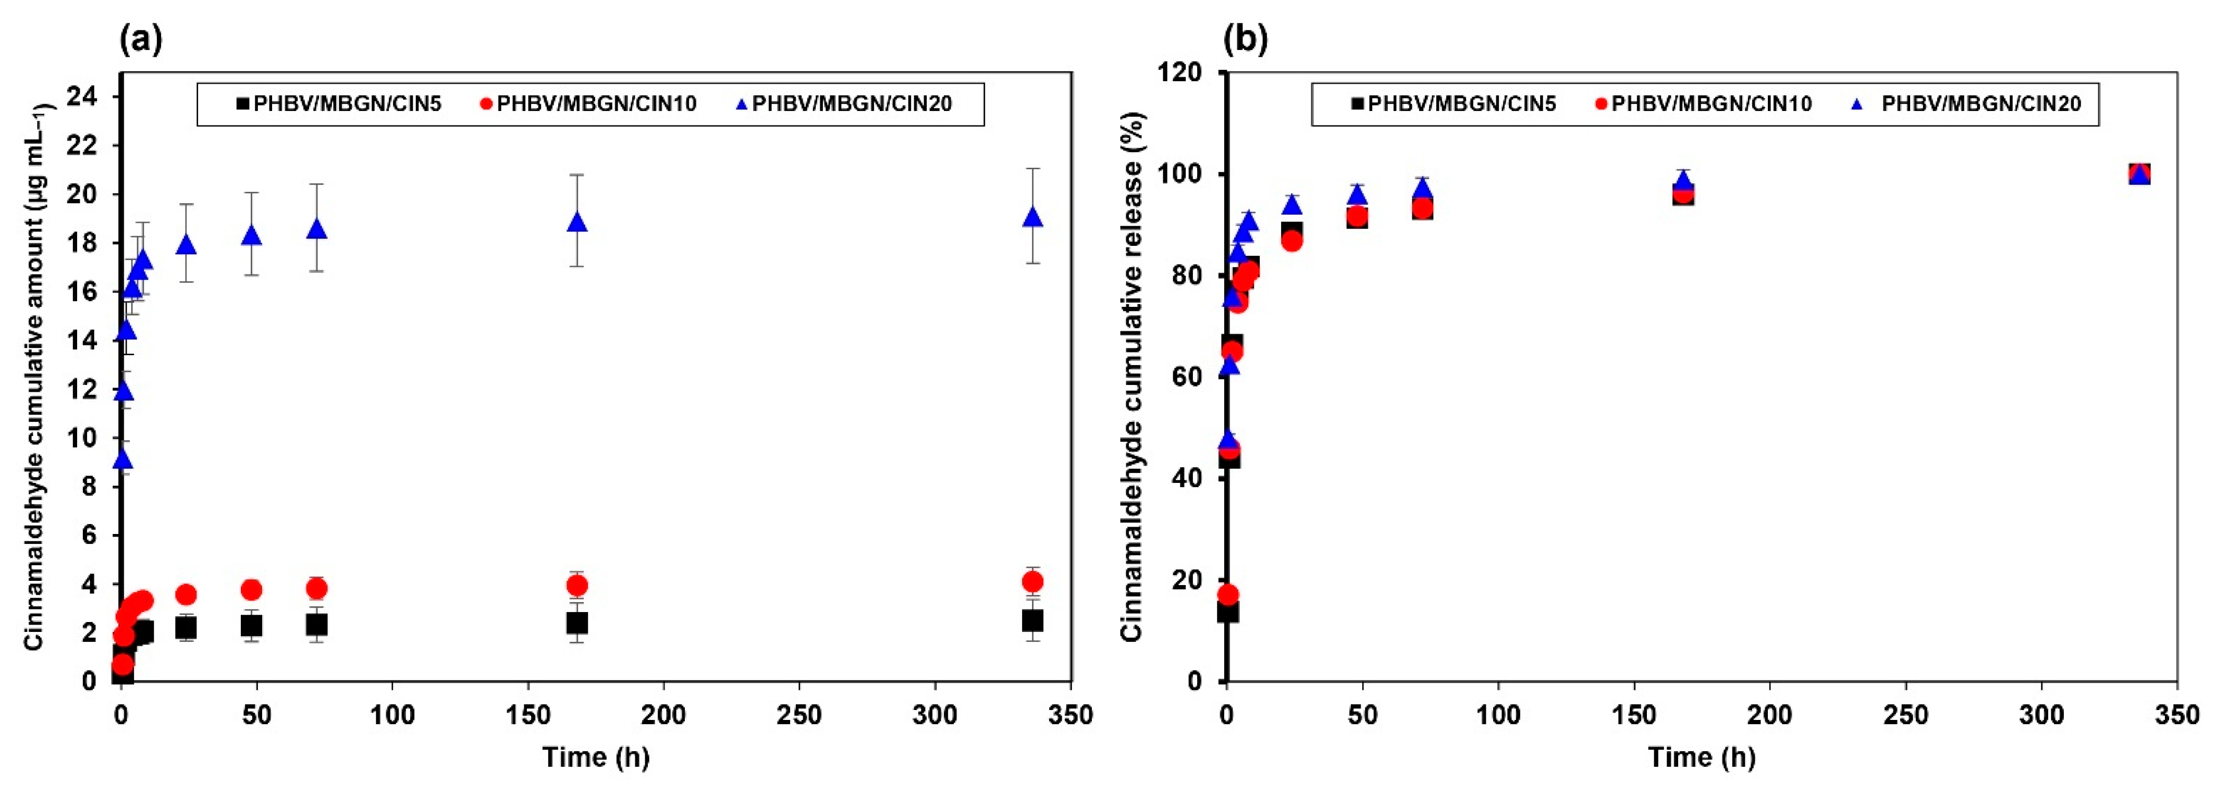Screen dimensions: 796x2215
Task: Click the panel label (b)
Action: point(1246,40)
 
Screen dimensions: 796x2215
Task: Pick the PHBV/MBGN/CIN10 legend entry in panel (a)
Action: point(589,104)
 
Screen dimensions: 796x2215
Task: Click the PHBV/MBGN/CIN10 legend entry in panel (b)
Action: point(1703,104)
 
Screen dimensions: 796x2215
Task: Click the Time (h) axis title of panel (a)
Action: point(596,757)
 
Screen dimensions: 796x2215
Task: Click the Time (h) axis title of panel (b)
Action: point(1702,757)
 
